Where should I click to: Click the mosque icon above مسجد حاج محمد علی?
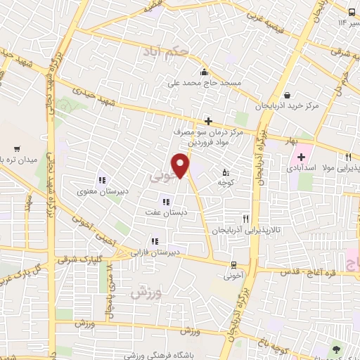204,71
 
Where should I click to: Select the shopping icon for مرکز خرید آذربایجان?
287,96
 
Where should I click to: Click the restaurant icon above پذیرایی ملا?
347,157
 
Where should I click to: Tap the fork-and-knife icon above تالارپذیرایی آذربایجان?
245,219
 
